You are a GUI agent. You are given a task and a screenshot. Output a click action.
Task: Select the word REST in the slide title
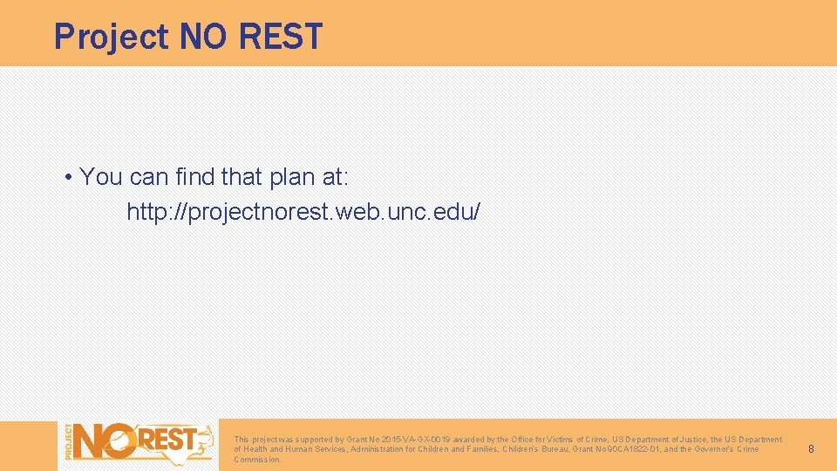coord(280,37)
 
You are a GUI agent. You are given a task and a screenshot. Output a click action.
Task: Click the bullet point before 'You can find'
coord(68,178)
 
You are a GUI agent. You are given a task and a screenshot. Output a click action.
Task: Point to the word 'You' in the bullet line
coord(101,178)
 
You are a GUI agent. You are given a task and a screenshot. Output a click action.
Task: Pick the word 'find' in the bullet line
coord(194,178)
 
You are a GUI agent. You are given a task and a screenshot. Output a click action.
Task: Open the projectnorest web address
coord(303,212)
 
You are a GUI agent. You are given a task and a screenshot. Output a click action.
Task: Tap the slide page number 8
coord(811,449)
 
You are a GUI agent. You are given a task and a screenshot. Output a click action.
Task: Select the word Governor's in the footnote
coord(711,449)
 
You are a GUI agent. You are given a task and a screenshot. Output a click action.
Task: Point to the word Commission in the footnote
coord(257,460)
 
